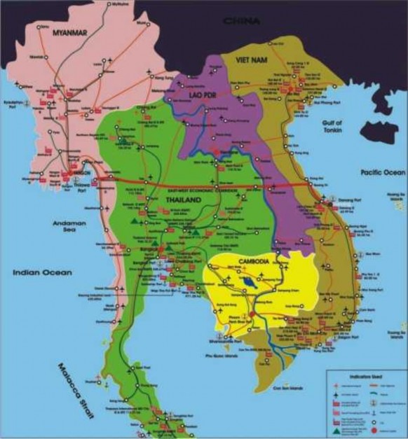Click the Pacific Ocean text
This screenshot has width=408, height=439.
tap(382, 172)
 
